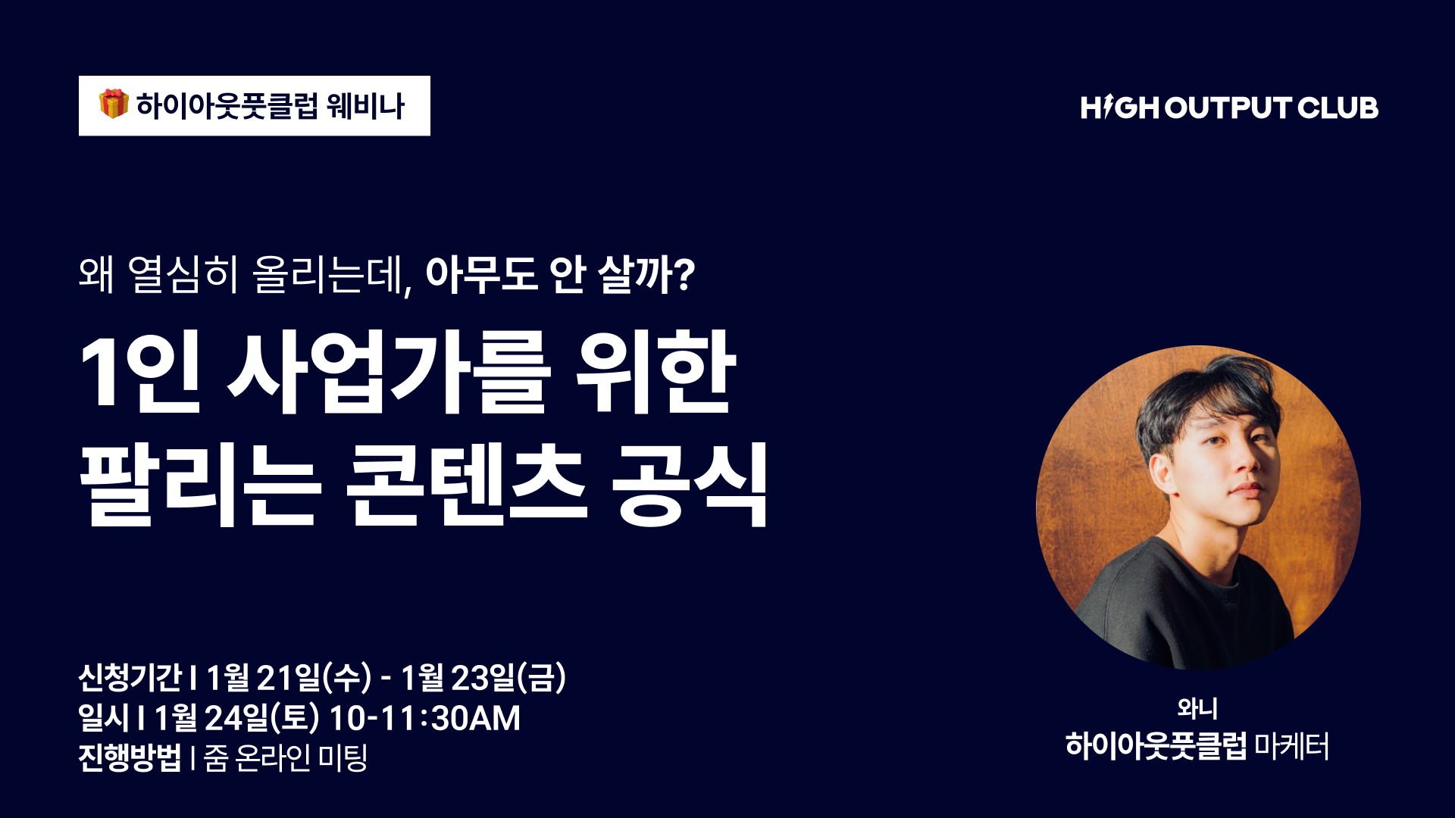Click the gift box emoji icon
(x=114, y=104)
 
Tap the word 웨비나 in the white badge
(x=366, y=106)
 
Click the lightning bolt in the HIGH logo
(x=1108, y=107)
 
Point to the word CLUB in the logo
(x=1338, y=108)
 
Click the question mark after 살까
(x=684, y=274)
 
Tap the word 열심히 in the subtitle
(x=183, y=274)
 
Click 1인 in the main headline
(x=140, y=373)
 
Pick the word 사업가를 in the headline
(x=389, y=373)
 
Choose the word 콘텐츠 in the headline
(x=466, y=485)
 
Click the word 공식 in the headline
(x=690, y=485)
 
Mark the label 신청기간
(x=130, y=677)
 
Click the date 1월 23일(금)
(x=483, y=677)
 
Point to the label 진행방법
(x=130, y=757)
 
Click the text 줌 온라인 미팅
(x=286, y=757)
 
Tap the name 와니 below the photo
(x=1197, y=708)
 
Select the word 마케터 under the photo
(x=1291, y=746)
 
